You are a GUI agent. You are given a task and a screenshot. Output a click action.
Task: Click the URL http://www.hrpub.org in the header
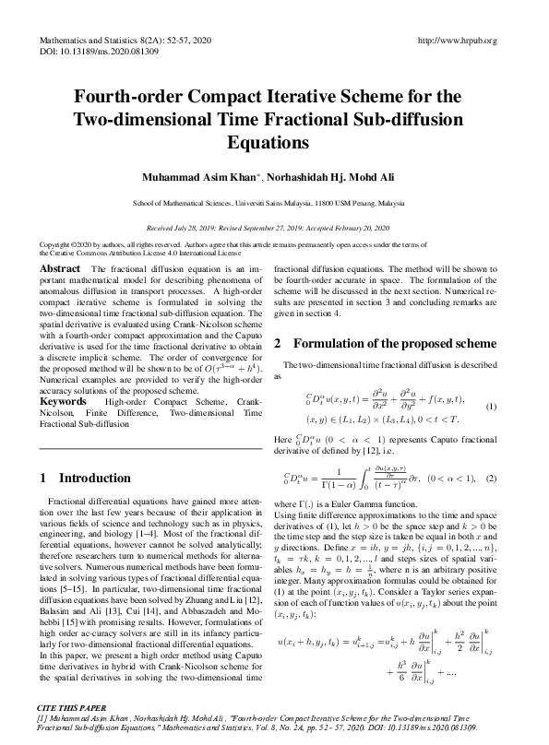[458, 41]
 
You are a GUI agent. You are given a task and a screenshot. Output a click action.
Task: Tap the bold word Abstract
[60, 267]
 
